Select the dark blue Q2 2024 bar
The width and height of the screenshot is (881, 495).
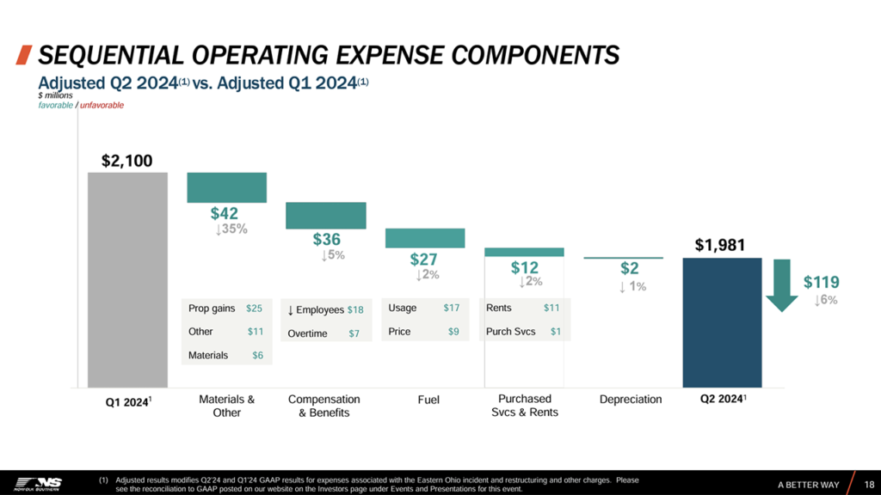(x=722, y=322)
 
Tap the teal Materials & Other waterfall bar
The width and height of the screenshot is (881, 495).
(x=227, y=186)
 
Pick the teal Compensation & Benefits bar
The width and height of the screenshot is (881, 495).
(x=326, y=215)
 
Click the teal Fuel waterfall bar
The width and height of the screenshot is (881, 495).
(x=425, y=238)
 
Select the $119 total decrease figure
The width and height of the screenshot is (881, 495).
(x=822, y=282)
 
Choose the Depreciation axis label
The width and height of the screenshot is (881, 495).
(x=631, y=400)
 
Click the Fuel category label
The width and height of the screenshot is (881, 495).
(x=428, y=400)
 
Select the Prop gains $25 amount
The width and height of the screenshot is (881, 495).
(x=255, y=308)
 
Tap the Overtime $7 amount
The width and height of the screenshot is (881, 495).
(x=354, y=333)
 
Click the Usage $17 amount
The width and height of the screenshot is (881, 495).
(x=452, y=308)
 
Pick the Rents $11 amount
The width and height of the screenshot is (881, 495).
(x=551, y=308)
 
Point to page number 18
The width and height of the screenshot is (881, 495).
(x=869, y=485)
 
